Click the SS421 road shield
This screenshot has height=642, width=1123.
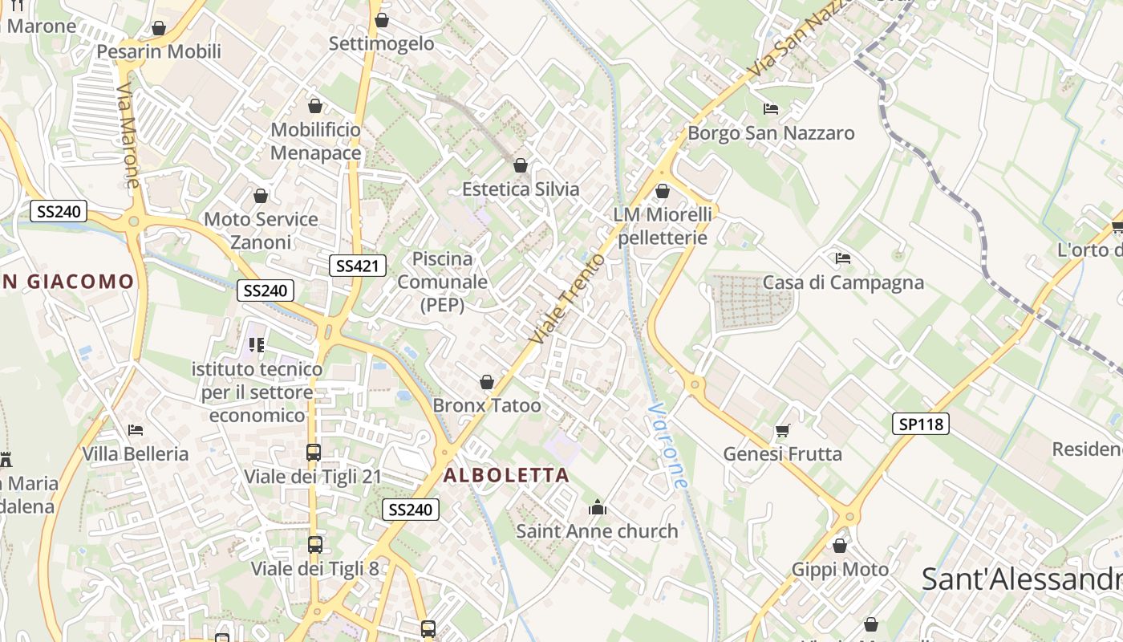coord(358,266)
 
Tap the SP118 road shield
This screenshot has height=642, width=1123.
coord(920,424)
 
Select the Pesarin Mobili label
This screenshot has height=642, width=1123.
coord(159,52)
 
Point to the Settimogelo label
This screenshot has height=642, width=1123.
coord(382,43)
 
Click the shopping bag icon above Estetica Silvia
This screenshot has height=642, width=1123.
coord(521,165)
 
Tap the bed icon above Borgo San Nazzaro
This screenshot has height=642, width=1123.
coord(771,108)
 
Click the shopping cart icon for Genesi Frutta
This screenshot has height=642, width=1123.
coord(783,431)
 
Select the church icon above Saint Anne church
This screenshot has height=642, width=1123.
coord(597,507)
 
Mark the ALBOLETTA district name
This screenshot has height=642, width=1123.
coord(506,475)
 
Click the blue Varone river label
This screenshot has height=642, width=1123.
coord(668,446)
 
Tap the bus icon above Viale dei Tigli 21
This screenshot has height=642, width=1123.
coord(314,453)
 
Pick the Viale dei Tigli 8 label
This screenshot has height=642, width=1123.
coord(314,569)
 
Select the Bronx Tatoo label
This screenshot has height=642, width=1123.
coord(487,406)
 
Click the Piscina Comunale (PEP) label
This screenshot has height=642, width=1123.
coord(442,282)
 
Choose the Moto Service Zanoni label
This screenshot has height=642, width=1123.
coord(261,230)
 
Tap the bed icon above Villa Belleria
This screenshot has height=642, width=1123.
coord(136,430)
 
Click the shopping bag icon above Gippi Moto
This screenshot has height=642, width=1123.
coord(840,547)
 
